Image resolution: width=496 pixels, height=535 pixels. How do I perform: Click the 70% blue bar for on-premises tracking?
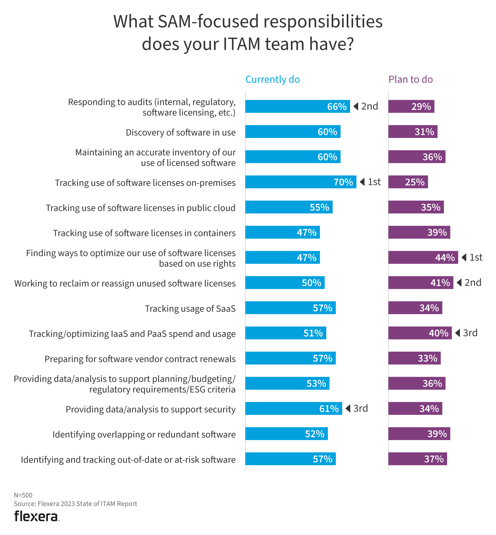tap(301, 182)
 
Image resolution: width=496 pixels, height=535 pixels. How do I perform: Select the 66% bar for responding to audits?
tap(297, 107)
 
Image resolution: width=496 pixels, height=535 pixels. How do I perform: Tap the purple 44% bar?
tap(423, 257)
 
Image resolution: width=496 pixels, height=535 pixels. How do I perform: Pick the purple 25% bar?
tap(408, 182)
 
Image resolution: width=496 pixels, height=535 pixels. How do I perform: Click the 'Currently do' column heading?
tap(272, 80)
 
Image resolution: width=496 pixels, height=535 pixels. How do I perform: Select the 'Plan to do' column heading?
tap(410, 80)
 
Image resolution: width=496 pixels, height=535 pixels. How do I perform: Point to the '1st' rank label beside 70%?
tap(374, 182)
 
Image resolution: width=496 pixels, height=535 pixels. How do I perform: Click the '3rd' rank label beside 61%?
tap(360, 408)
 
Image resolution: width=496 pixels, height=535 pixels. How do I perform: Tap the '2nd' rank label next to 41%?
tap(473, 282)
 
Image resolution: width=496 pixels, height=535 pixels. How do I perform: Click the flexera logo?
tap(36, 516)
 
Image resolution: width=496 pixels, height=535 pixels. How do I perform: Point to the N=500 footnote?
tap(23, 495)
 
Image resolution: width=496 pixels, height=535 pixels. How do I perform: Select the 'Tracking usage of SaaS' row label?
tap(190, 309)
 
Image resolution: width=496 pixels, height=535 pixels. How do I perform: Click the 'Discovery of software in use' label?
tap(180, 132)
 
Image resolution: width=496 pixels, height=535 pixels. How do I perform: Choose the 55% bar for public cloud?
tap(289, 207)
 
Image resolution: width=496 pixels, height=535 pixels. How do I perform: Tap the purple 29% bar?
tap(411, 107)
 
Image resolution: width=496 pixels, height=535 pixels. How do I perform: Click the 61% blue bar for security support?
tap(294, 408)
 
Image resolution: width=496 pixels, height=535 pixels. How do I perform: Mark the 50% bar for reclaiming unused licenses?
tap(285, 282)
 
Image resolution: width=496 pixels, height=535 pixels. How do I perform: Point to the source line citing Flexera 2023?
tap(76, 504)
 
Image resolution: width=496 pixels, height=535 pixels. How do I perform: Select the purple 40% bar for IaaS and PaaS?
tap(420, 333)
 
